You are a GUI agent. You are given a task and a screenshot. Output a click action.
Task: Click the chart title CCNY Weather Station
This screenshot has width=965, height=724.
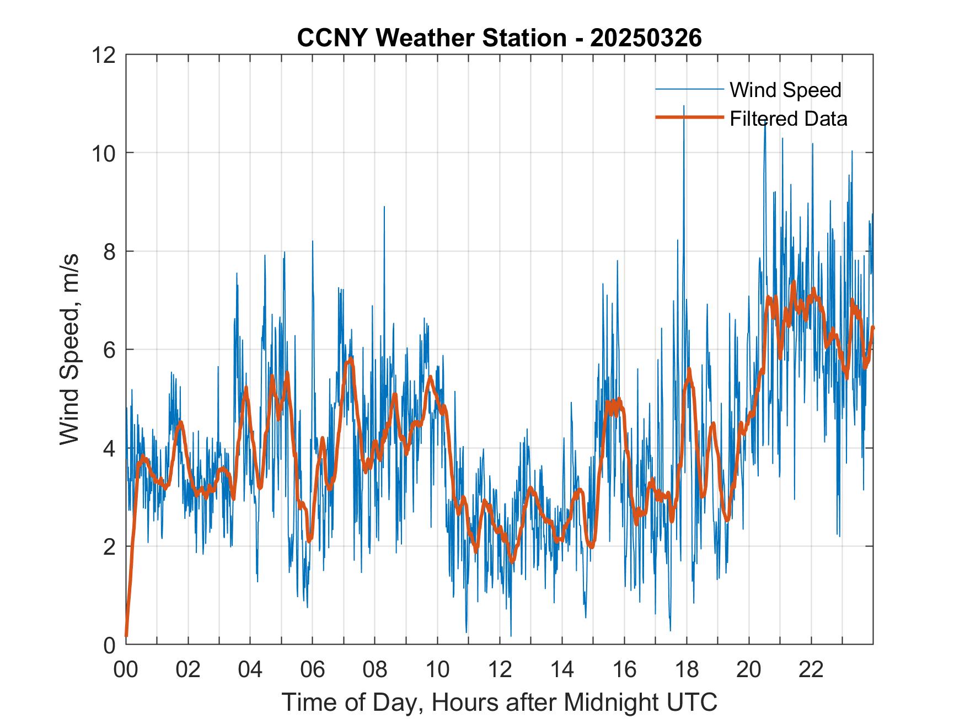point(431,38)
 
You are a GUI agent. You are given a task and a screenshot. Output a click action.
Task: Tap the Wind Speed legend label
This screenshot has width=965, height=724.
point(785,90)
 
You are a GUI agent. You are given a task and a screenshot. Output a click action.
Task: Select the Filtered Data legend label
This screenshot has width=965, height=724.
point(788,119)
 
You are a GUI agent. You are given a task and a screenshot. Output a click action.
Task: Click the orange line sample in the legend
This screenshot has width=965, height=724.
point(689,117)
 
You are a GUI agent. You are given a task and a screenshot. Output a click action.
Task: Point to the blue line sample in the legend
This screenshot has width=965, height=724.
point(689,89)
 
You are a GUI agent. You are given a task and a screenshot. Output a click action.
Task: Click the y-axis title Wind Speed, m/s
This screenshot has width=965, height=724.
point(70,349)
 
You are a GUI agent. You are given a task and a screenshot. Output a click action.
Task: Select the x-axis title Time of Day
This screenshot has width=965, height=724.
point(499,702)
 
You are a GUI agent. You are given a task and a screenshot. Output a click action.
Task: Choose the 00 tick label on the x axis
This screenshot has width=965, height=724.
point(126,669)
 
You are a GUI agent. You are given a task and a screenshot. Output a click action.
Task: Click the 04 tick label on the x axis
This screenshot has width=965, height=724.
point(250,669)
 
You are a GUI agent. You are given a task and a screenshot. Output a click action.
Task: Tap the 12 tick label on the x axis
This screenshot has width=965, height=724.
point(500,669)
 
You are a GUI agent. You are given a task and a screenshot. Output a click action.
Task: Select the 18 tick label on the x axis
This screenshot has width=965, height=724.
point(687,669)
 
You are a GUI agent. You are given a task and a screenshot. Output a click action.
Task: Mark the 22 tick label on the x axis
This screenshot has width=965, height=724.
point(811,669)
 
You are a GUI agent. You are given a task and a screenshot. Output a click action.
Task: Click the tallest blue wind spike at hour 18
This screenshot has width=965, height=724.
point(684,106)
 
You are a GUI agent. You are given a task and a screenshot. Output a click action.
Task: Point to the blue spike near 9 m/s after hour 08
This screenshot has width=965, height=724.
point(384,207)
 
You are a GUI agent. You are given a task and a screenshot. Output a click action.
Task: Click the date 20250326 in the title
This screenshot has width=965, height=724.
point(646,38)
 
